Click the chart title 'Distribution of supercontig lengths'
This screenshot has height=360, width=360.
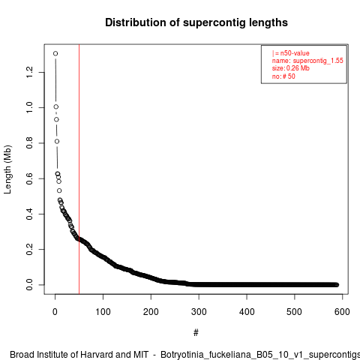tap(196, 22)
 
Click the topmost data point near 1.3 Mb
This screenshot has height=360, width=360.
tap(55, 53)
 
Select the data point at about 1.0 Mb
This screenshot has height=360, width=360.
tap(56, 106)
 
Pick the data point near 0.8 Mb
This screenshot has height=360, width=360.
tap(57, 142)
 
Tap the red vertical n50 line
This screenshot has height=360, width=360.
tap(79, 169)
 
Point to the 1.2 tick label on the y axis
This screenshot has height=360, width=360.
tap(29, 72)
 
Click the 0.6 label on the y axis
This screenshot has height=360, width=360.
tap(29, 178)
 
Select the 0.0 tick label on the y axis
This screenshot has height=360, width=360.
tap(29, 285)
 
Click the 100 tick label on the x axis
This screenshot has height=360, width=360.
tap(103, 312)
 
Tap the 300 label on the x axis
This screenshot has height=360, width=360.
tap(199, 312)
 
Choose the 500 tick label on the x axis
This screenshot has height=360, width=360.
tap(295, 312)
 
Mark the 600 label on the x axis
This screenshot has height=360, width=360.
tap(342, 312)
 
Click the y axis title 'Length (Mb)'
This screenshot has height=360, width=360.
tap(7, 169)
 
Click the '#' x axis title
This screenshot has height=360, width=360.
tap(196, 333)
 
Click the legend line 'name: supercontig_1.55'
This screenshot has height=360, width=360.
tap(307, 61)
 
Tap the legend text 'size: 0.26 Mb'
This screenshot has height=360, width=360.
tap(291, 68)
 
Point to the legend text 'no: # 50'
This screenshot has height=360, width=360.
tap(283, 76)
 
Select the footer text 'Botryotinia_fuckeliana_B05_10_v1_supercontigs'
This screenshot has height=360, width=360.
tap(260, 355)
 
